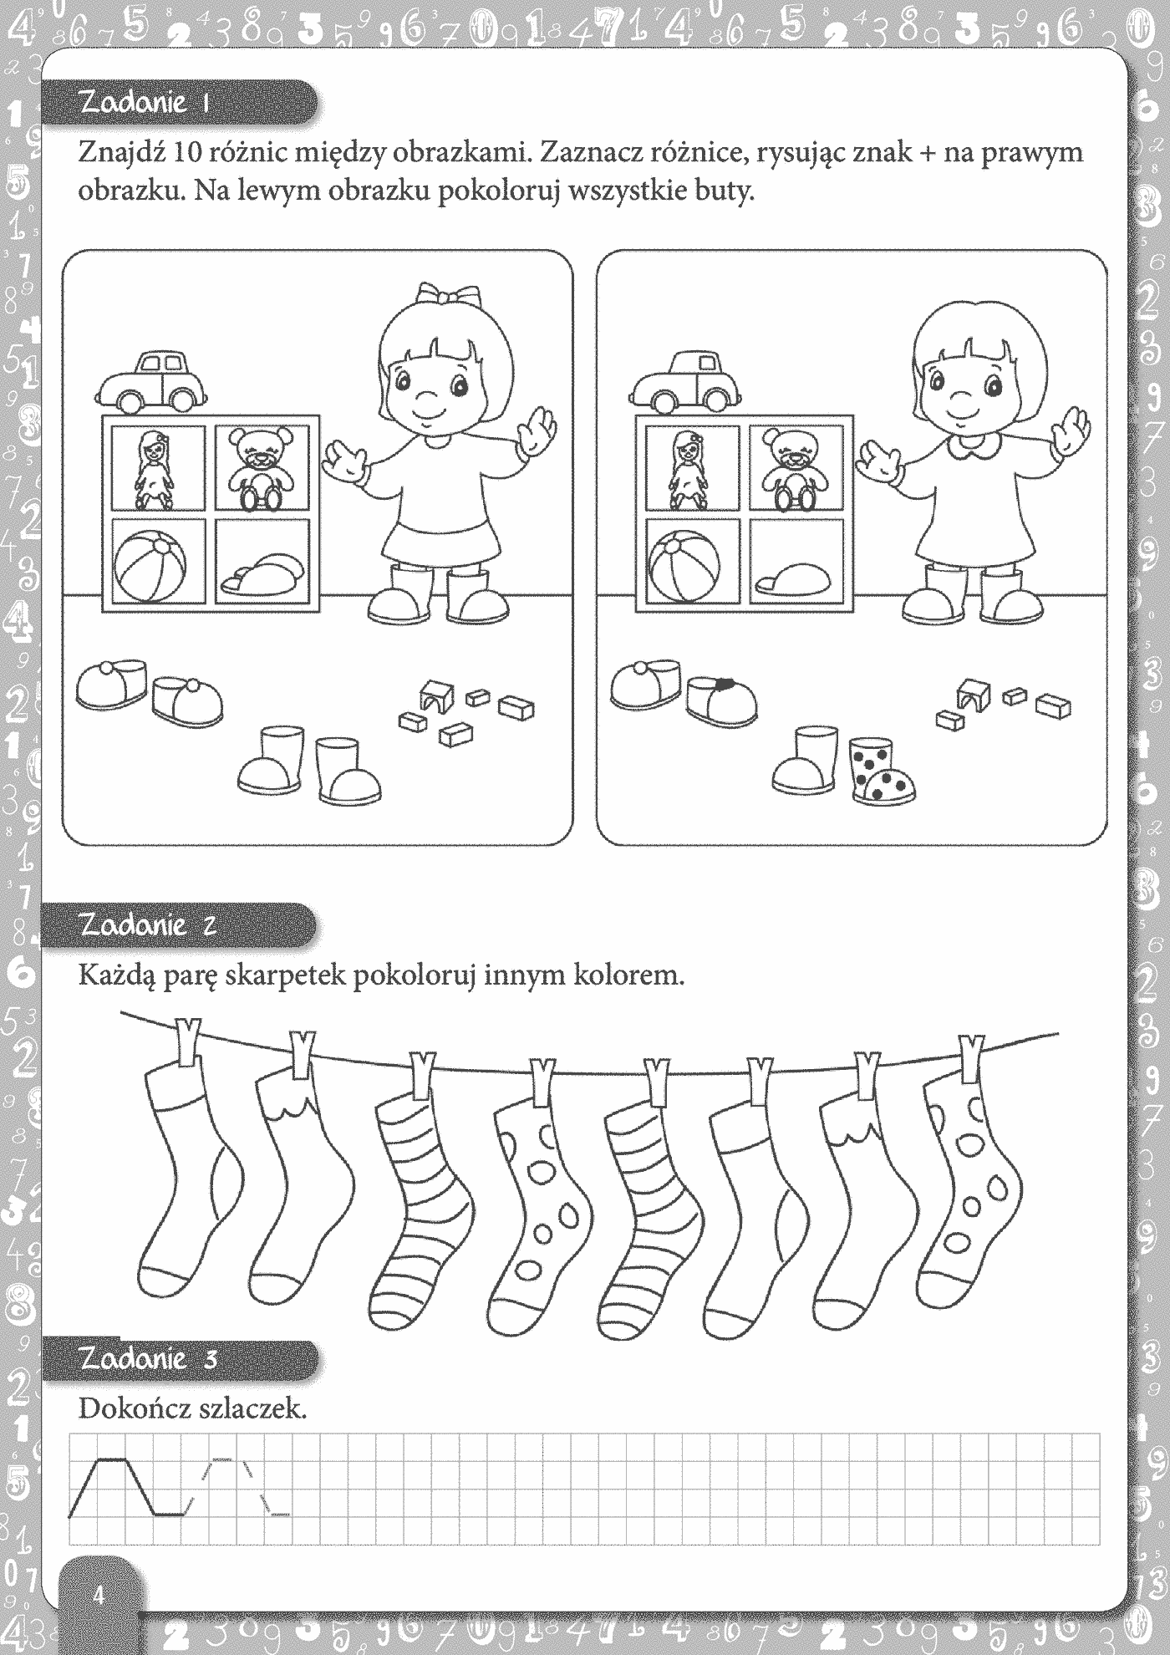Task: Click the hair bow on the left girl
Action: (x=450, y=295)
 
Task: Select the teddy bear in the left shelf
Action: (x=262, y=469)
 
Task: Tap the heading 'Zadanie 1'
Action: (x=144, y=102)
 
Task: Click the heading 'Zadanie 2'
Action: (x=148, y=924)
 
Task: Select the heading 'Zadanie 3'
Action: (x=148, y=1357)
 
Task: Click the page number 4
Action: (x=99, y=1596)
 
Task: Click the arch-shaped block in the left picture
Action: (x=437, y=695)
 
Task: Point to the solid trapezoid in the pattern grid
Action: (x=125, y=1487)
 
